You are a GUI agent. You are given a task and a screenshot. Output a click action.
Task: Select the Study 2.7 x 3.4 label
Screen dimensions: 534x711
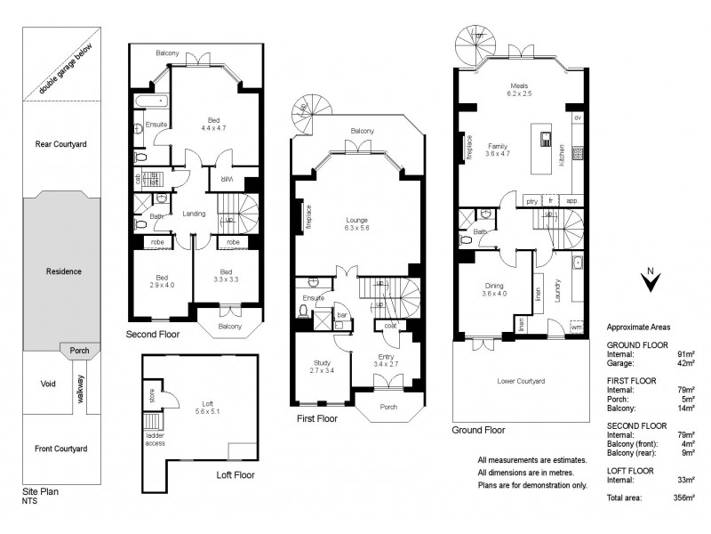[x=322, y=367]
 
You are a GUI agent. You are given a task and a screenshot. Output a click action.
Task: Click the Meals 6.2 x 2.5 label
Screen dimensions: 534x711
[x=519, y=89]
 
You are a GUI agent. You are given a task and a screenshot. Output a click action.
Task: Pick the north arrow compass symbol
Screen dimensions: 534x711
[x=651, y=280]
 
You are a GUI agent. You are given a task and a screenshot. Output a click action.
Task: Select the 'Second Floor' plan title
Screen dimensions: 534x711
[x=153, y=336]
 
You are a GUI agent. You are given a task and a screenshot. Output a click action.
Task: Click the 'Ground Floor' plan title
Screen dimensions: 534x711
[x=478, y=429]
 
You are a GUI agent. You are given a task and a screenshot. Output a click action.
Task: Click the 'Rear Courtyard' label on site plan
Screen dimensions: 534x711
[x=60, y=143]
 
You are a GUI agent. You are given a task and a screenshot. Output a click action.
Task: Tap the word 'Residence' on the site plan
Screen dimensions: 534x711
[x=65, y=271]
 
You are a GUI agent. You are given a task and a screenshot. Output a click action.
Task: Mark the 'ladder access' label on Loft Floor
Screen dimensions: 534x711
[x=155, y=439]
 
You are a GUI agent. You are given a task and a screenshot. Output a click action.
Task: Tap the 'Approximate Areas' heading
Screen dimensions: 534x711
[x=638, y=328]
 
